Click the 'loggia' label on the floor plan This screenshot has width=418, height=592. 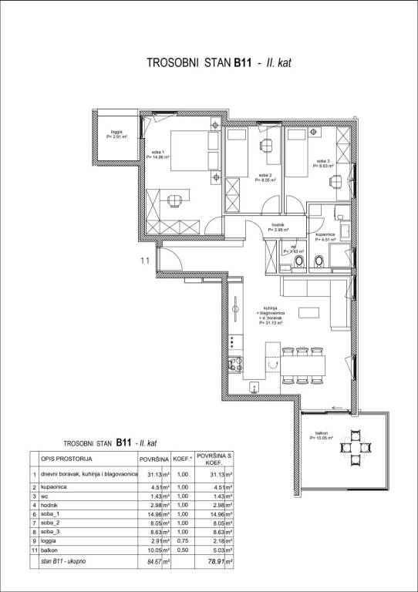[x=116, y=133]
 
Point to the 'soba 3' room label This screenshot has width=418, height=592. [x=322, y=163]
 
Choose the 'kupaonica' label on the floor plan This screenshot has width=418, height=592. [x=325, y=236]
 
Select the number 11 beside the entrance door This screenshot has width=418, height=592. [x=143, y=261]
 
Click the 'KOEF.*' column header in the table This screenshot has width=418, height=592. [x=181, y=460]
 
